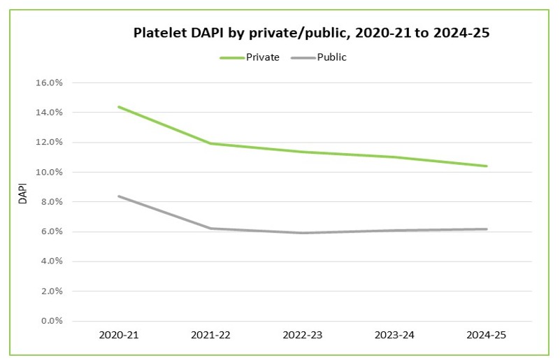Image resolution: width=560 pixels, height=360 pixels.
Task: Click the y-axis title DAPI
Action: click(22, 194)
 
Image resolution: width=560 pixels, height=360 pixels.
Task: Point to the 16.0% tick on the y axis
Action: click(49, 82)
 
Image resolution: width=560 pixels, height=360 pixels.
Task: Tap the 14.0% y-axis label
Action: click(49, 113)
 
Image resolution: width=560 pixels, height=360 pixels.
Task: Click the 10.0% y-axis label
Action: click(49, 172)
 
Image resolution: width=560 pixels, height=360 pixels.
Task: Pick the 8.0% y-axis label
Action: click(51, 202)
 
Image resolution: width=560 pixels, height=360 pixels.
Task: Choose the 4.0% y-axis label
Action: click(51, 261)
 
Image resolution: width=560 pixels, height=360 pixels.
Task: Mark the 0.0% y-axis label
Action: click(51, 321)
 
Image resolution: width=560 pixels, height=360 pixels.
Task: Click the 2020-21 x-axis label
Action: click(120, 336)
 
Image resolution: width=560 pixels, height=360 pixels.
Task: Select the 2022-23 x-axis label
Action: click(303, 336)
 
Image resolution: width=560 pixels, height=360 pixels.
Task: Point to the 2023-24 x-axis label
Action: click(394, 336)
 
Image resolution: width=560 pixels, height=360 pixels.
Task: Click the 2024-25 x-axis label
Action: click(486, 336)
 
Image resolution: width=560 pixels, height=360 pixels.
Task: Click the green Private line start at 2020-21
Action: click(120, 107)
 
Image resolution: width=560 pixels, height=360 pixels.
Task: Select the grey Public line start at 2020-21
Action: click(120, 196)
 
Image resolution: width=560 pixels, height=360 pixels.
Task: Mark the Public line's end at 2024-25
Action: click(486, 229)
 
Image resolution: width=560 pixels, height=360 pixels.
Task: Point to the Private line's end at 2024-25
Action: click(486, 166)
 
